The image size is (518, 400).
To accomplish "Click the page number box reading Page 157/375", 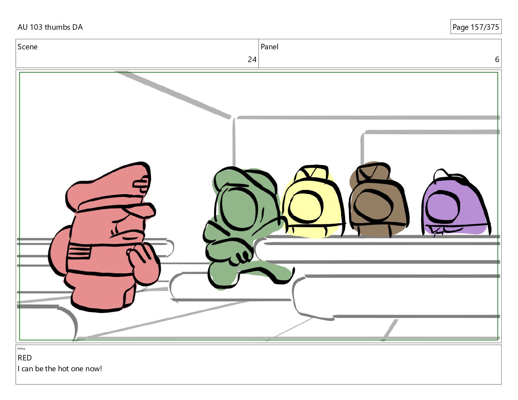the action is tap(476, 27).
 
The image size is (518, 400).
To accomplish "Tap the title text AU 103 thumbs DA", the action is tap(50, 27).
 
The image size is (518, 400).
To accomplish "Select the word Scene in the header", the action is tap(27, 47).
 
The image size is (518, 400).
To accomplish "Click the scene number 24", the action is tap(252, 59).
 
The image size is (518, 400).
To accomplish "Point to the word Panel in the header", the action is tap(269, 47).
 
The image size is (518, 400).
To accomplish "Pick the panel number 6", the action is tap(497, 59).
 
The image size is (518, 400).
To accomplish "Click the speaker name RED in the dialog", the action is tap(25, 358).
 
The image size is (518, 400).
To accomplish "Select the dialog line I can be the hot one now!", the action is tap(60, 369).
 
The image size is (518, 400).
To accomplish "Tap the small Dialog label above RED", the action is tap(21, 349).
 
